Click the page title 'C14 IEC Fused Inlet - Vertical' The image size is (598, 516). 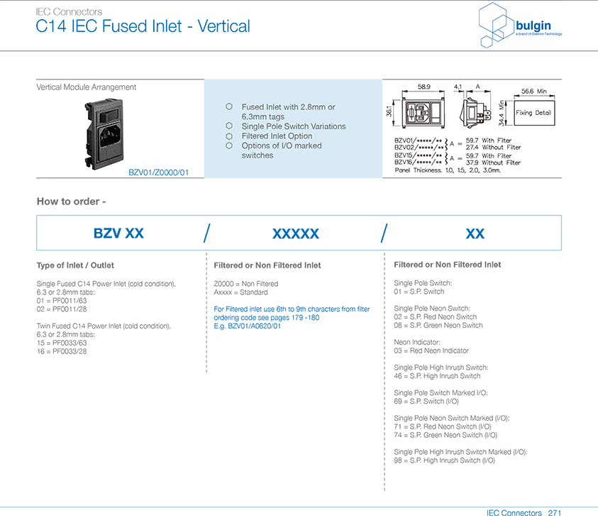pos(143,27)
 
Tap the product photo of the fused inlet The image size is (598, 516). pos(108,133)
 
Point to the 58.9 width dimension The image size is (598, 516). pos(423,87)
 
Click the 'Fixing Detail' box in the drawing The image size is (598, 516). pos(533,113)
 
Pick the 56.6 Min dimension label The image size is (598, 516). pos(533,92)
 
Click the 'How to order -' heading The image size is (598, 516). pos(71,201)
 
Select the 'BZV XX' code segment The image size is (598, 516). pos(118,234)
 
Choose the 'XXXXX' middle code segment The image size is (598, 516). pos(296,234)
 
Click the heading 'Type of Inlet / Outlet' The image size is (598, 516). pos(81,265)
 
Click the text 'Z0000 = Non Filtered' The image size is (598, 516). pos(246,284)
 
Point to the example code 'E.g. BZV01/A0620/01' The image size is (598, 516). pos(248,326)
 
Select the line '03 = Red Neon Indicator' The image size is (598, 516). pos(431,351)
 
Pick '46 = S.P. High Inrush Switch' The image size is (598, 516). pos(437,376)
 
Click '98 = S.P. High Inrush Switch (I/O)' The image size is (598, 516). pos(445,461)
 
